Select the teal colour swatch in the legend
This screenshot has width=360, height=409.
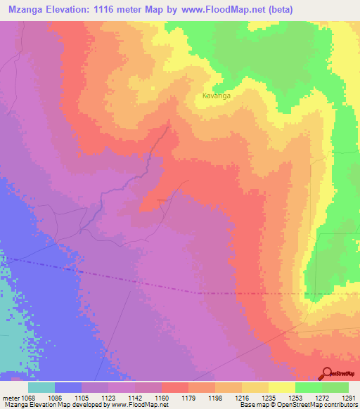(41, 387)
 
